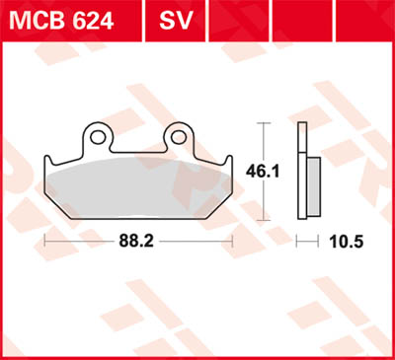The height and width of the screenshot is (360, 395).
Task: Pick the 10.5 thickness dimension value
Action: pyautogui.click(x=341, y=240)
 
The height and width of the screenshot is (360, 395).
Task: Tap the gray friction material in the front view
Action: pyautogui.click(x=138, y=182)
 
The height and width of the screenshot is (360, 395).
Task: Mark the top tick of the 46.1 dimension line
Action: pyautogui.click(x=264, y=123)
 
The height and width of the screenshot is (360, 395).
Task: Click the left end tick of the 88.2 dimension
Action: pyautogui.click(x=45, y=240)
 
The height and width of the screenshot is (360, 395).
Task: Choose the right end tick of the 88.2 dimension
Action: pyautogui.click(x=232, y=240)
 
